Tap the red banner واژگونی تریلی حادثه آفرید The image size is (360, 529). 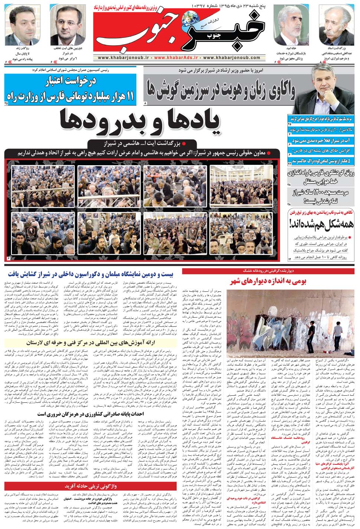[91, 486]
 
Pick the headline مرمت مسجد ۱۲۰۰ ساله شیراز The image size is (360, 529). [321, 196]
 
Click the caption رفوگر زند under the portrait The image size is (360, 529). [26, 48]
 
